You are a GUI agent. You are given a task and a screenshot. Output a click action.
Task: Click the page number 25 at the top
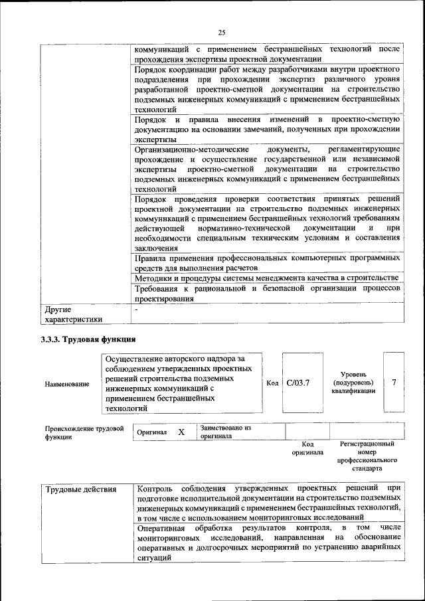point(222,32)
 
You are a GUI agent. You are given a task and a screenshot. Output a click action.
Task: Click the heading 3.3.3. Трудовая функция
point(86,339)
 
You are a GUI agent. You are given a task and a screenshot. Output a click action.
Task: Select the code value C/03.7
point(299,383)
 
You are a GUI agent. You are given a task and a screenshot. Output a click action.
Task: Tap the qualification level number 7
point(394,383)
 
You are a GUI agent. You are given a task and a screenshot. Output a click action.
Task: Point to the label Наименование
point(67,384)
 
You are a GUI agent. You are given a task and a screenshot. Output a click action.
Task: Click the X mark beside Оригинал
point(181,432)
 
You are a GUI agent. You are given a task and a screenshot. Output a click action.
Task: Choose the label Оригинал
point(151,432)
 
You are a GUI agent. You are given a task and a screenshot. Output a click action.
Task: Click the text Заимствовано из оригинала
point(226,432)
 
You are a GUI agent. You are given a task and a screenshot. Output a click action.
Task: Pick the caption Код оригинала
point(307,448)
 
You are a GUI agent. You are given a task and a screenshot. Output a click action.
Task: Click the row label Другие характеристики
point(73,314)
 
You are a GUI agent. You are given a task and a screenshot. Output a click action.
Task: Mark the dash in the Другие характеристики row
point(136,309)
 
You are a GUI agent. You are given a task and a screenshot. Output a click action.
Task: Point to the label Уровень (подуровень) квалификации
point(354,383)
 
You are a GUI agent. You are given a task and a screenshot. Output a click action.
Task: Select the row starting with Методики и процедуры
point(266,277)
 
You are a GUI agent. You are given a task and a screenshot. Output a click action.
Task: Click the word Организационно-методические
point(181,149)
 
